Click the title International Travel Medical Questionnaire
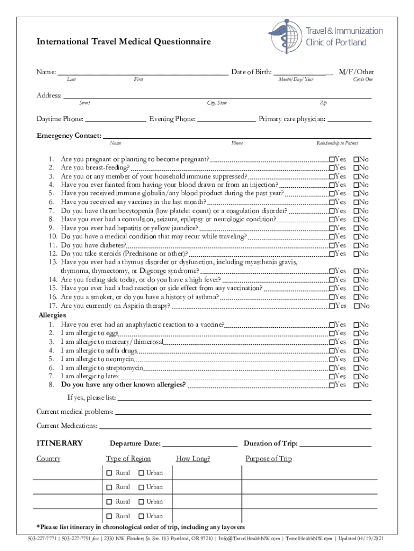tap(123, 42)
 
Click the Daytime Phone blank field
tap(115, 119)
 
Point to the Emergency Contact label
tap(68, 135)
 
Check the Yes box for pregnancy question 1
tap(332, 160)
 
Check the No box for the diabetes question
tap(356, 245)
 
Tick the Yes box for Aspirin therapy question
tap(332, 306)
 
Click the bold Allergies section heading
tap(52, 315)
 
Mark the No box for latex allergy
tap(356, 377)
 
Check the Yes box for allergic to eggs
tap(332, 334)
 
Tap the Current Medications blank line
tap(234, 426)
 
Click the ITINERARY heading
tap(59, 443)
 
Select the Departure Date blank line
tap(199, 444)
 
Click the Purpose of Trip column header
tap(268, 459)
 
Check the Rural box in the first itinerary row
tap(109, 473)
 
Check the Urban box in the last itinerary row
tap(140, 516)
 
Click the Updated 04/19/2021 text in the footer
tap(360, 539)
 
